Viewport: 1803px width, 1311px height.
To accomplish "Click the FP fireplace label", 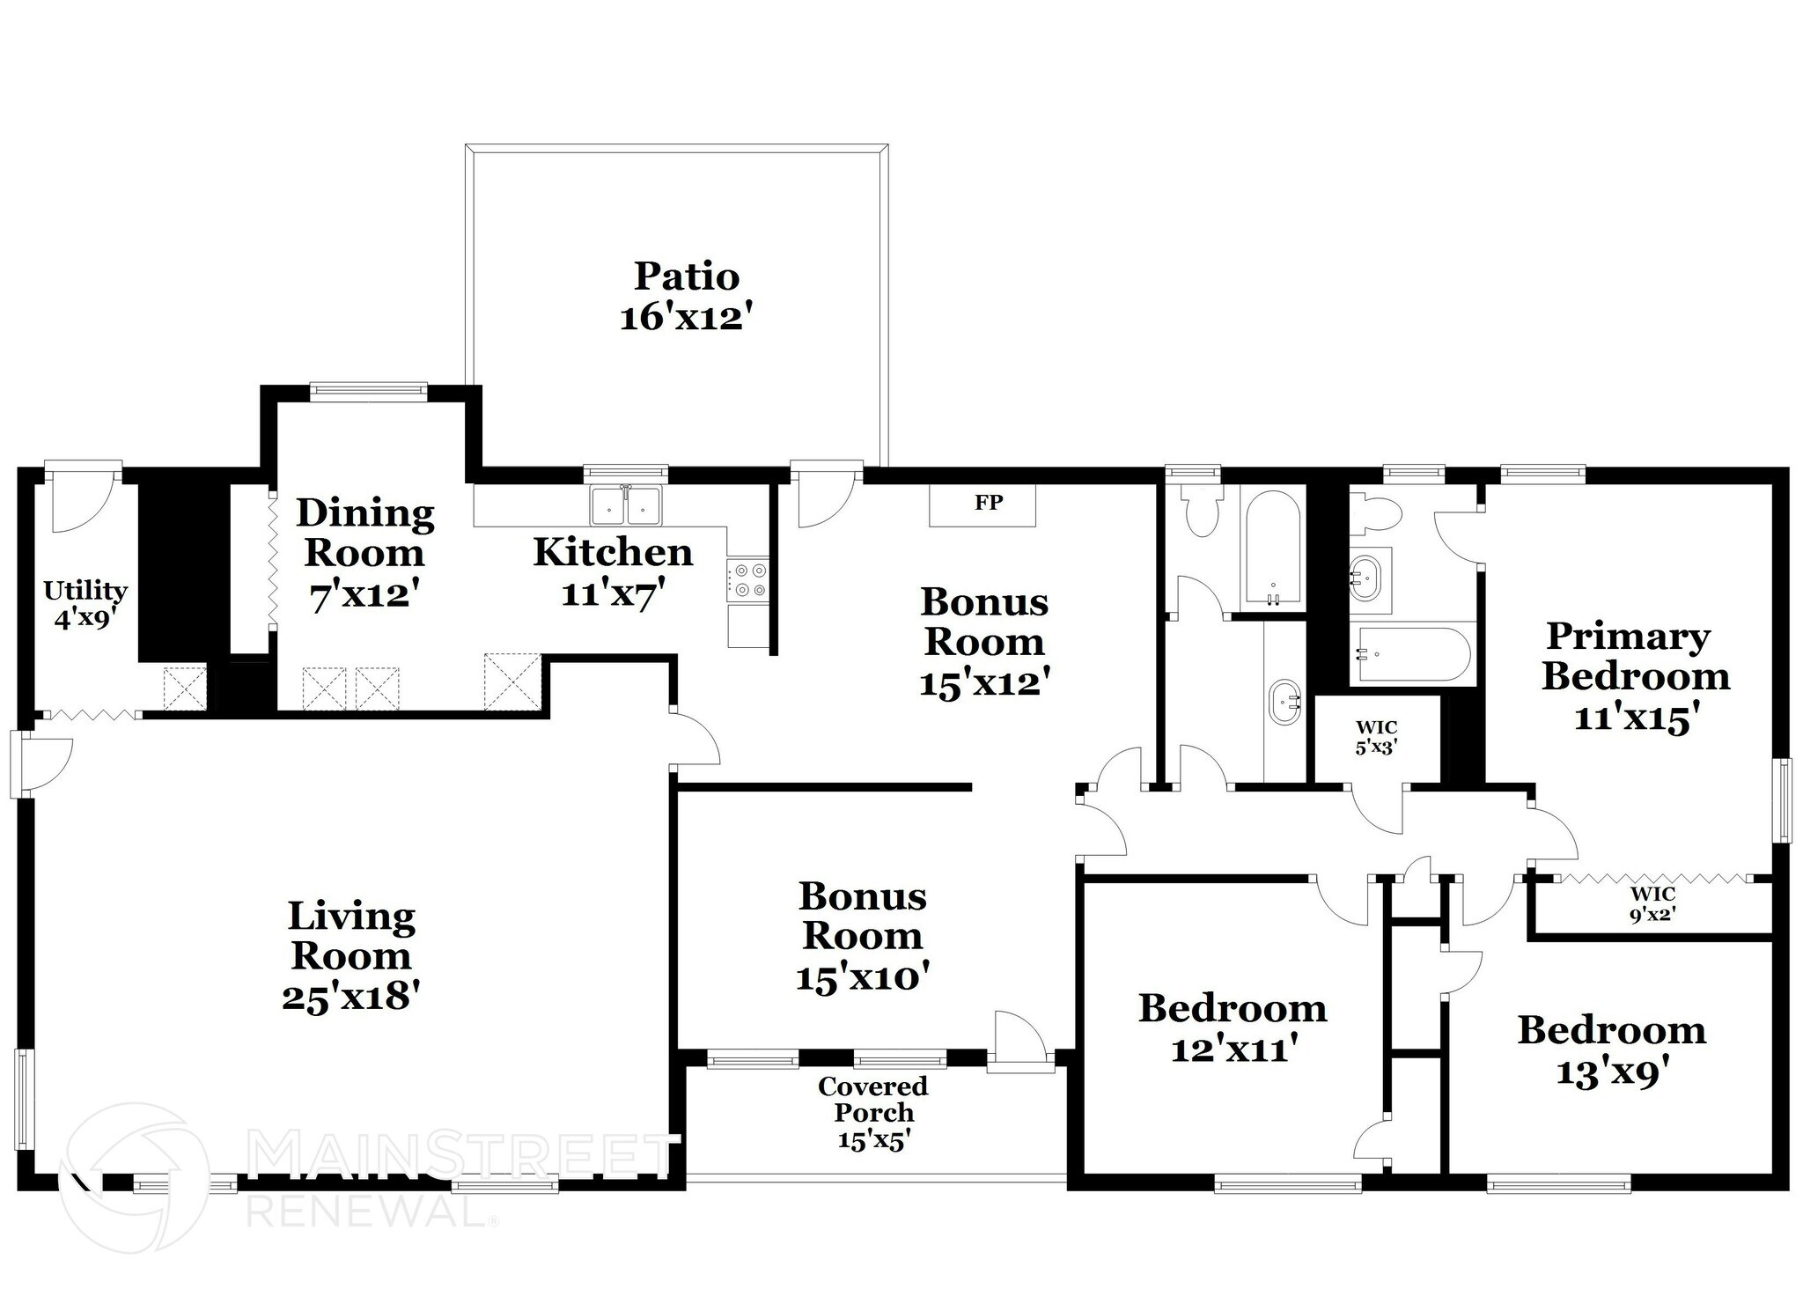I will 988,503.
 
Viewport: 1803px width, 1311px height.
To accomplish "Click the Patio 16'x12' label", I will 687,296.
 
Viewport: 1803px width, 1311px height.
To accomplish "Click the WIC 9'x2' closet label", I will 1652,903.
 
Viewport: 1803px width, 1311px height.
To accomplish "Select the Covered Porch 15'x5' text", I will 872,1113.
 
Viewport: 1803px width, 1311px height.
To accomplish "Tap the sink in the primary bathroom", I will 1368,578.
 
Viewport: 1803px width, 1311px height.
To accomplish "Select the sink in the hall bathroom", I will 1284,702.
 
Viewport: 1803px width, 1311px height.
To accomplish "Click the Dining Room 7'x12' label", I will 364,553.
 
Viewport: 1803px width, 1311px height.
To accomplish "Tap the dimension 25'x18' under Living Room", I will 350,997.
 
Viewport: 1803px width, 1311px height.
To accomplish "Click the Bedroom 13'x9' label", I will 1611,1050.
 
